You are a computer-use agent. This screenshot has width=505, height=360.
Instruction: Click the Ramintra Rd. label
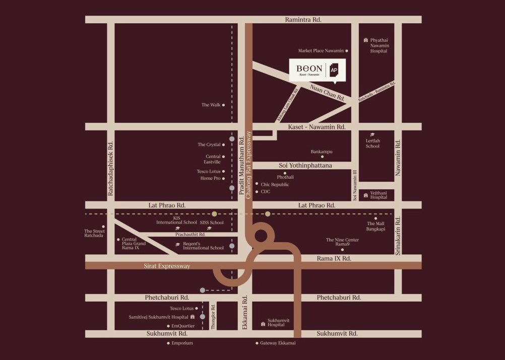coord(303,19)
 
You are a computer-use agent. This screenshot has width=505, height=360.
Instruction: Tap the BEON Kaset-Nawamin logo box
coord(317,70)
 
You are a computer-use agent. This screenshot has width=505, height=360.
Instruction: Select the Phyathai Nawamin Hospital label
coord(379,45)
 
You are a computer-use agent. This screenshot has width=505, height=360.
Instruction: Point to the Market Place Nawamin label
coord(321,51)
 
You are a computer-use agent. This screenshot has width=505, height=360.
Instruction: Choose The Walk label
coord(211,105)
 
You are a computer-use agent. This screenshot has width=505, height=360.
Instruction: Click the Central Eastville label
coord(212,159)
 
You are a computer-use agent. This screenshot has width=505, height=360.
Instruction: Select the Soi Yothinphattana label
coord(305,165)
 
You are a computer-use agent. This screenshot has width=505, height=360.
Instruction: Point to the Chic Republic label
coord(275,185)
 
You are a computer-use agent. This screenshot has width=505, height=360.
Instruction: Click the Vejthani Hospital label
coord(378,195)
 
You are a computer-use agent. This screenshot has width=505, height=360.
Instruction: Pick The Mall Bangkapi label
coord(375,226)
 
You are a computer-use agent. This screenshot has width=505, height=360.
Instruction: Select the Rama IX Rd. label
coord(333,258)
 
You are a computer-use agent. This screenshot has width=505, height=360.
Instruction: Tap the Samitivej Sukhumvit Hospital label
coord(159,317)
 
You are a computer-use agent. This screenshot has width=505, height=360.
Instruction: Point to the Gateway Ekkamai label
coord(278,343)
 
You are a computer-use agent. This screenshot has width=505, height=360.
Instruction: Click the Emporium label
coord(182,343)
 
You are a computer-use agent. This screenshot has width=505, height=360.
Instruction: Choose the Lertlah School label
coord(373,143)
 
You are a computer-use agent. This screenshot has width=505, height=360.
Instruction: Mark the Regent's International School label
coord(203,246)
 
